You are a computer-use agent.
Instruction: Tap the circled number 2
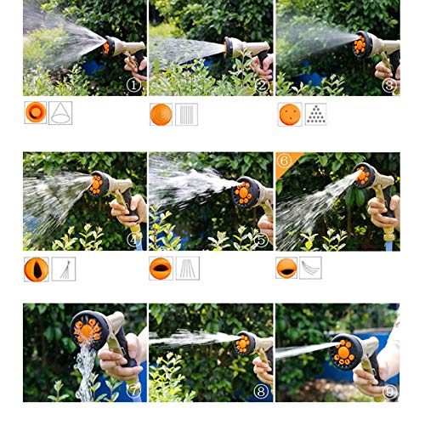[x=262, y=85]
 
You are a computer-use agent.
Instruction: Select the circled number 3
[x=389, y=85]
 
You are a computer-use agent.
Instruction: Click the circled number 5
[x=262, y=240]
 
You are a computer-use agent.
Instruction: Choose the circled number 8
[x=262, y=392]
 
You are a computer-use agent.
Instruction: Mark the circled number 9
[x=389, y=392]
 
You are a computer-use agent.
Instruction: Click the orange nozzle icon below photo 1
[x=36, y=113]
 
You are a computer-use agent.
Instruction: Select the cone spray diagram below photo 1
[x=60, y=113]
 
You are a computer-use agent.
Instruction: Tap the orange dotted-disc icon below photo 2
[x=161, y=114]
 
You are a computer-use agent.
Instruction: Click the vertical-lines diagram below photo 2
[x=186, y=114]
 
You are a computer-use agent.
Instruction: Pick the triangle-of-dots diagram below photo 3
[x=315, y=114]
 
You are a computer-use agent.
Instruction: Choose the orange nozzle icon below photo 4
[x=36, y=269]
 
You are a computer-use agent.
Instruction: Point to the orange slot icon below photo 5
[x=161, y=269]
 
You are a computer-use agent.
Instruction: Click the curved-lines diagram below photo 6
[x=311, y=269]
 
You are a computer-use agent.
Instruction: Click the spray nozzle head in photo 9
[x=346, y=348]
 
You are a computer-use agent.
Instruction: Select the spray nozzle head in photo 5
[x=247, y=192]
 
